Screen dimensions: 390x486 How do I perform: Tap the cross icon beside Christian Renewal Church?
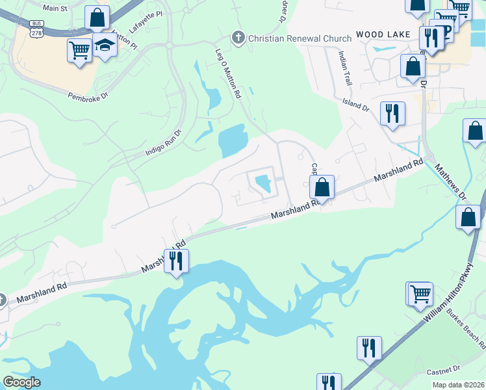click(238, 38)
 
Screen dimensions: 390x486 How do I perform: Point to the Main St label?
click(55, 8)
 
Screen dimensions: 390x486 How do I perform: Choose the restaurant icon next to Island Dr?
click(392, 114)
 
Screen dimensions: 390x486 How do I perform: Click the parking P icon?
click(445, 32)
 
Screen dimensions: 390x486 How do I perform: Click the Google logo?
click(21, 382)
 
